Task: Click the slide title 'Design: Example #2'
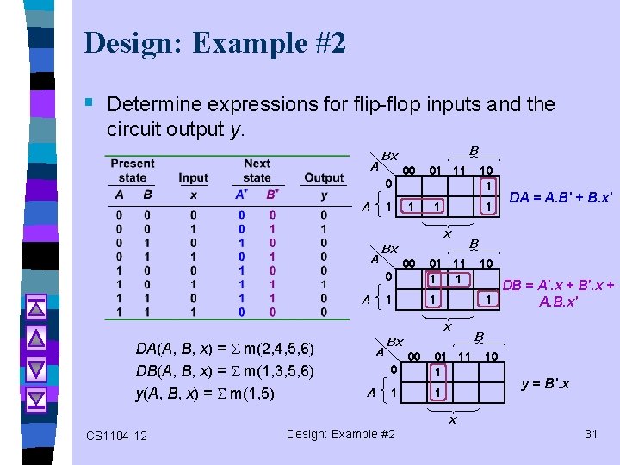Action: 215,43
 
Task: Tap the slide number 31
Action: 591,434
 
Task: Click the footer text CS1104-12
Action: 116,436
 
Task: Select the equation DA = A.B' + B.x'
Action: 561,197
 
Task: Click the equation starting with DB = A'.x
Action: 558,293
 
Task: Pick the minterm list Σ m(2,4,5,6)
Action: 268,349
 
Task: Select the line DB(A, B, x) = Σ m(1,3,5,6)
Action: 225,370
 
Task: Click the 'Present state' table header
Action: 133,170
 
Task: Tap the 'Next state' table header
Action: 257,170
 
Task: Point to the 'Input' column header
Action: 193,178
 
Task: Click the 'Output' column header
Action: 324,178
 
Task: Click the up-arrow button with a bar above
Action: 35,306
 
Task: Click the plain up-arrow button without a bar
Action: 35,337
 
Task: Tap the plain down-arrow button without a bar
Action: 35,368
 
